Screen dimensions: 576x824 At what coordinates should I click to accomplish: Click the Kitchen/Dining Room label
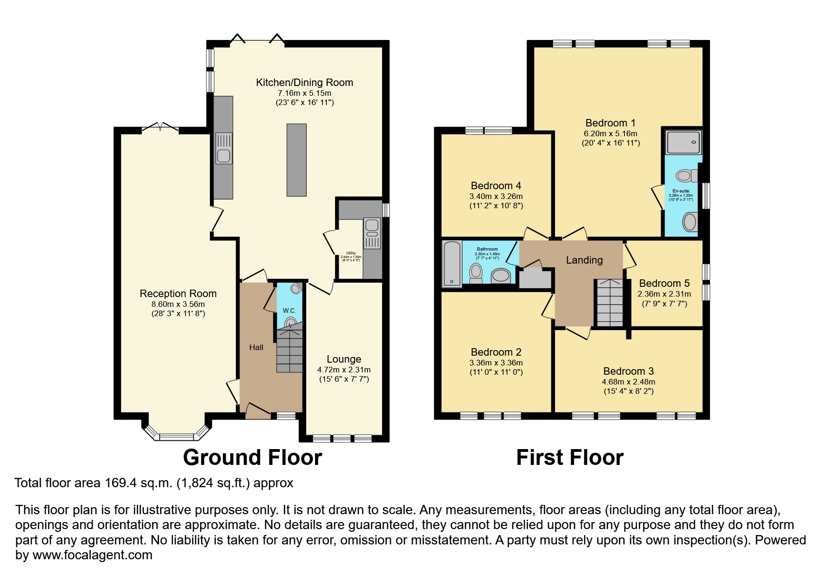coord(304,83)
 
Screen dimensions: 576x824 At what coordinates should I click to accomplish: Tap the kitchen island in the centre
coord(296,159)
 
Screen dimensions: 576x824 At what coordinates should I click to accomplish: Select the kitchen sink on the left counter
coord(224,148)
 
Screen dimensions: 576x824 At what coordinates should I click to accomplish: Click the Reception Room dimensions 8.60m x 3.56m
coord(178,304)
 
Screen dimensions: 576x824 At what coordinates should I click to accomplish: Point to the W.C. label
coord(289,311)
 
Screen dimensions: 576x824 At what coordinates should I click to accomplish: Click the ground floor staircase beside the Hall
coord(289,351)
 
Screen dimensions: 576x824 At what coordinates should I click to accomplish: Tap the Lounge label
coord(344,359)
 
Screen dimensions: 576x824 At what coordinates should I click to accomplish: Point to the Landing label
coord(584,260)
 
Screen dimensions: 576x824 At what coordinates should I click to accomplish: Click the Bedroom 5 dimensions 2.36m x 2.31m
coord(664,294)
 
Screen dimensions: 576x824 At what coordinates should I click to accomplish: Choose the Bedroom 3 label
coord(628,371)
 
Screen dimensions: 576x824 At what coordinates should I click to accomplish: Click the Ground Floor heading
coord(252,457)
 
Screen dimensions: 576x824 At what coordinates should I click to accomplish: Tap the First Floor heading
coord(569,457)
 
